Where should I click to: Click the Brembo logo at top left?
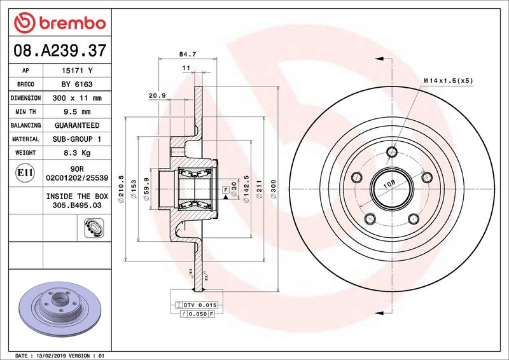coord(60,23)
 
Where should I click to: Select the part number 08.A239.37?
coord(60,51)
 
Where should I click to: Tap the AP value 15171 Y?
coord(77,71)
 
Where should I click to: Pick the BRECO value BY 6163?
coord(77,85)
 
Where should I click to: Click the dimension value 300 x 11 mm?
coord(77,98)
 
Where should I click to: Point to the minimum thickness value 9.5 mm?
coord(77,112)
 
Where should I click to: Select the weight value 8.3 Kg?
coord(77,153)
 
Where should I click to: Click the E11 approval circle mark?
coord(25,173)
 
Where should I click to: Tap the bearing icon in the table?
coord(94,228)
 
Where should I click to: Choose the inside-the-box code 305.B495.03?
coord(77,205)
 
